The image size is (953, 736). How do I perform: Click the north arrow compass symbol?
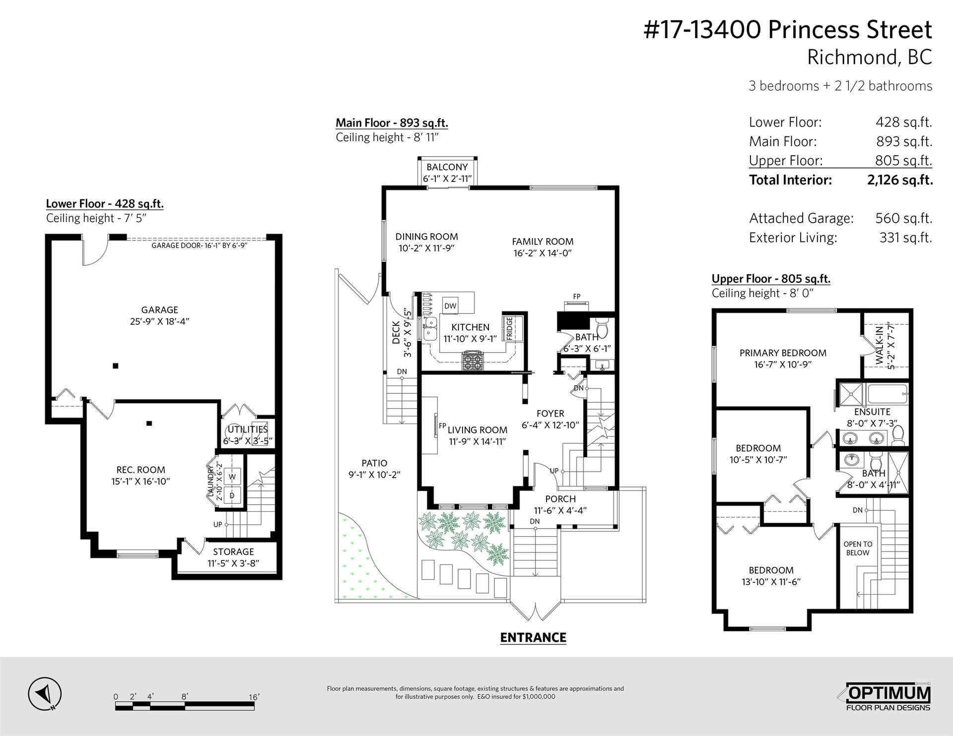[45, 693]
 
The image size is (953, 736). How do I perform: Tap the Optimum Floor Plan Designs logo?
[888, 697]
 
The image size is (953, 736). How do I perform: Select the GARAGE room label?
[159, 310]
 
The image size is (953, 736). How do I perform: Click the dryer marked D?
[231, 495]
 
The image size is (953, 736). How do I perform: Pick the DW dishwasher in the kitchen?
[450, 306]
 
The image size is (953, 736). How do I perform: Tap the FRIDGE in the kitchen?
[509, 329]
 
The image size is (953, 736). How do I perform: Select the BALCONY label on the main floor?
[447, 167]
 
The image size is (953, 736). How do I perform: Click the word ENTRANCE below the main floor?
[533, 638]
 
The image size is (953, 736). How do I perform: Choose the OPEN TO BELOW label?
[858, 549]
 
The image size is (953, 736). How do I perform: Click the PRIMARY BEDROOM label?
[783, 353]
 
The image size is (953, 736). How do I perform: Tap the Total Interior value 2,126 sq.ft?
[900, 180]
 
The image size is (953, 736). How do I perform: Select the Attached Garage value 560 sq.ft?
[904, 218]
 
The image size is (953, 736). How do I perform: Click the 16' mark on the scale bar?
[254, 697]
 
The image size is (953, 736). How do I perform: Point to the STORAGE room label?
[233, 552]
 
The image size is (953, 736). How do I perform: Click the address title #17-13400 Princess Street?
[788, 30]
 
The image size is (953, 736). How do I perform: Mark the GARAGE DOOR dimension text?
[200, 245]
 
